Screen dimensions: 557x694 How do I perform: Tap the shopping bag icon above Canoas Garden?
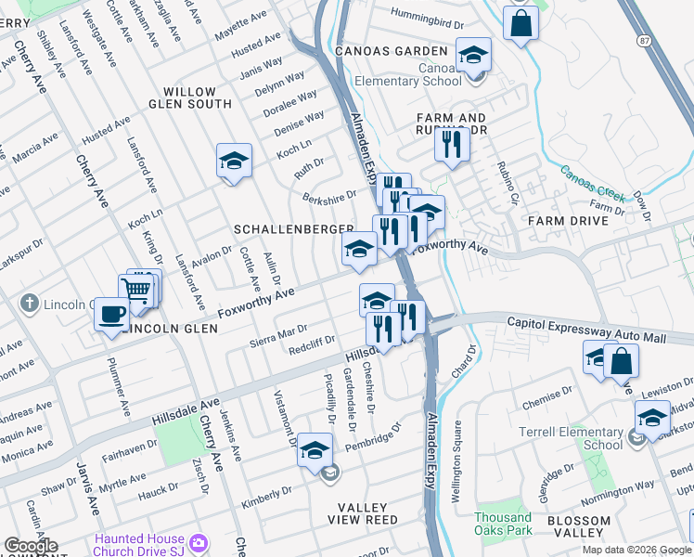tap(521, 22)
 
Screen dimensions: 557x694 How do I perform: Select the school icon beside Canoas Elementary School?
tap(473, 55)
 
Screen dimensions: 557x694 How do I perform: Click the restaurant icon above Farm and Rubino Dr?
tap(452, 144)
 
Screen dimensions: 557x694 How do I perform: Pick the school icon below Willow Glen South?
tap(235, 161)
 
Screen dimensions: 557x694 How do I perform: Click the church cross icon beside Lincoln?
tap(30, 304)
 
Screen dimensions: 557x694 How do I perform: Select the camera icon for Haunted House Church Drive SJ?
tap(198, 542)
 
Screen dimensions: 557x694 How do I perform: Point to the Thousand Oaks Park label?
tap(504, 524)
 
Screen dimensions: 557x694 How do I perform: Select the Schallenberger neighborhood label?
tap(293, 228)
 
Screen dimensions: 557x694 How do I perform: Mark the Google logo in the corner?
tap(31, 546)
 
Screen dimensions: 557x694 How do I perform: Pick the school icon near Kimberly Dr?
tap(315, 449)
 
